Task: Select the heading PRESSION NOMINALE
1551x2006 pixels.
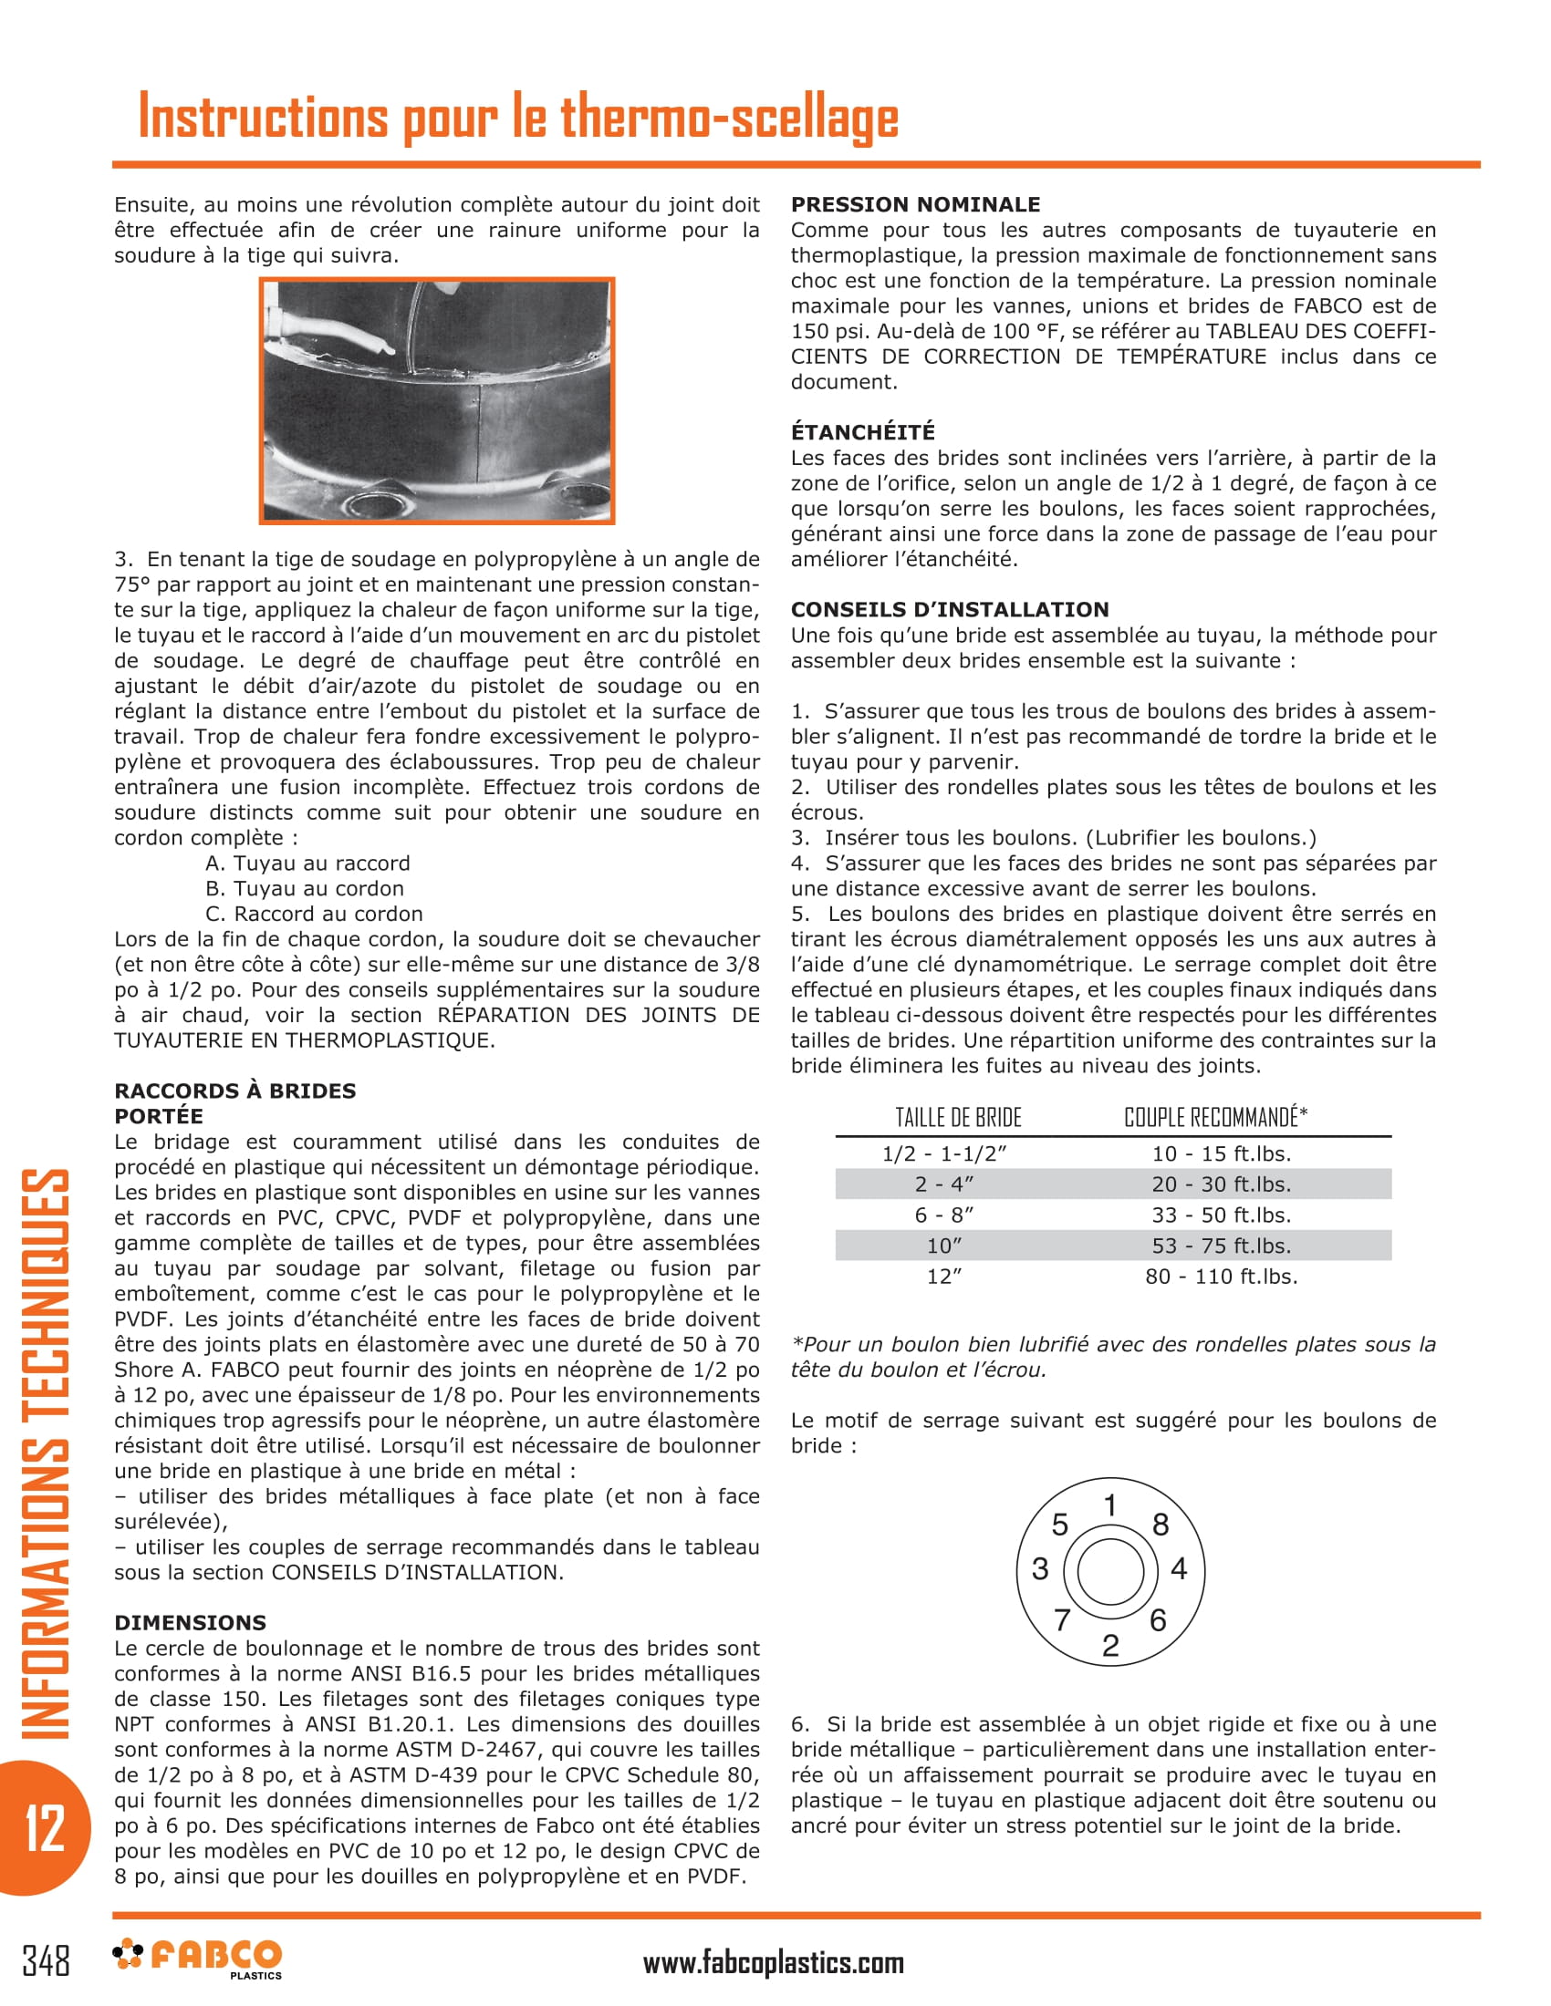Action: point(915,205)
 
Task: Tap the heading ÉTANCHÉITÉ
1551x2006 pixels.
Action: point(863,431)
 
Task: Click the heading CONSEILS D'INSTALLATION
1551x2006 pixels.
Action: point(949,609)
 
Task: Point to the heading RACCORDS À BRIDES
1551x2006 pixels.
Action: point(234,1091)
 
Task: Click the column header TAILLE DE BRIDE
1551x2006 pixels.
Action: point(958,1118)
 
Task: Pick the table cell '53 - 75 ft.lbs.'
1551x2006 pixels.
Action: point(1221,1246)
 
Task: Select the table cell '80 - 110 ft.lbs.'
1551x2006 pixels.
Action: point(1221,1277)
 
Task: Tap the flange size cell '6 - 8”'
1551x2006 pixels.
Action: point(943,1215)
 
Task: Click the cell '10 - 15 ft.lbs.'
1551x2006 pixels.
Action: point(1221,1154)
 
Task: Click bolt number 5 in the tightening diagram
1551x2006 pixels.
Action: point(1059,1525)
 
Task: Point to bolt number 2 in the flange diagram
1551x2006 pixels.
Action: point(1110,1645)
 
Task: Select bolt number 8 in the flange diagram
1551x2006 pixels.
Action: point(1161,1525)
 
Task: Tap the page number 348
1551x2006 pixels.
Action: point(45,1960)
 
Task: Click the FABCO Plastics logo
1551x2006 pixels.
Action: point(199,1959)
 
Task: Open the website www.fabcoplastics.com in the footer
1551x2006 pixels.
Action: point(773,1964)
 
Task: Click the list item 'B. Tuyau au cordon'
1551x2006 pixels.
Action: point(304,888)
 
